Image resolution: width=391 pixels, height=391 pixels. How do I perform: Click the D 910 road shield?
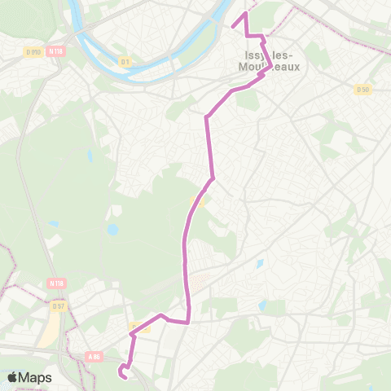pyautogui.click(x=32, y=52)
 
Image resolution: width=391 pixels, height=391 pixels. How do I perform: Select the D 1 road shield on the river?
pyautogui.click(x=125, y=61)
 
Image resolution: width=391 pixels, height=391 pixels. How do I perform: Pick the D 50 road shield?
pyautogui.click(x=362, y=89)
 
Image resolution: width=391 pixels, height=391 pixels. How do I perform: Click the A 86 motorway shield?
pyautogui.click(x=94, y=356)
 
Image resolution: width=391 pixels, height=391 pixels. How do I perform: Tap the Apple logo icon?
pyautogui.click(x=13, y=377)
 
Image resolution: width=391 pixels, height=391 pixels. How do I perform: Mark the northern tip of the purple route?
pyautogui.click(x=245, y=14)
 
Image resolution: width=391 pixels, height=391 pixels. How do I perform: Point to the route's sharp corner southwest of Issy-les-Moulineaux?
pyautogui.click(x=206, y=116)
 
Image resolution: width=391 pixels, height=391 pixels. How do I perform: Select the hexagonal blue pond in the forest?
pyautogui.click(x=112, y=230)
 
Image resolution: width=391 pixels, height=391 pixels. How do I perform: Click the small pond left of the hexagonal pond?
pyautogui.click(x=54, y=222)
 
